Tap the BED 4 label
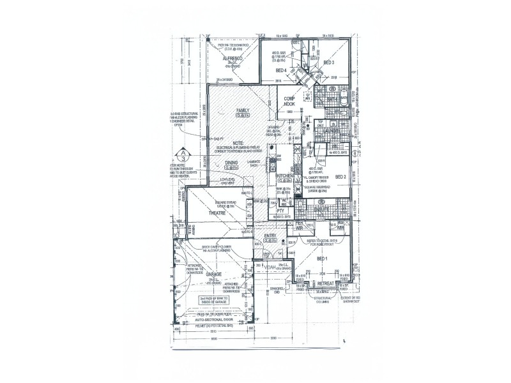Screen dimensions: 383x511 [x=281, y=70]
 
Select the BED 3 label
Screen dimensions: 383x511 [x=329, y=63]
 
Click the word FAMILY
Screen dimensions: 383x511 [x=243, y=110]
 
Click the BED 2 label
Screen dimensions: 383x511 [x=340, y=177]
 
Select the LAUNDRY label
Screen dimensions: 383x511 [x=332, y=131]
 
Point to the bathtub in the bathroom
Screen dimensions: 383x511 [x=346, y=98]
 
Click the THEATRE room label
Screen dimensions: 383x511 [x=218, y=214]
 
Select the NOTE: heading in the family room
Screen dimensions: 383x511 [x=238, y=143]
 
